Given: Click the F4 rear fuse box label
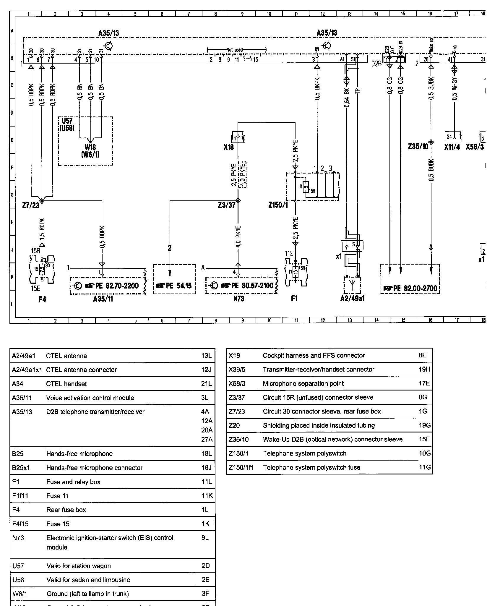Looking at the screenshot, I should pyautogui.click(x=42, y=300).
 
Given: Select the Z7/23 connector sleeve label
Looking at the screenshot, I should pyautogui.click(x=31, y=205).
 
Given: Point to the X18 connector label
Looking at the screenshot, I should pyautogui.click(x=229, y=147).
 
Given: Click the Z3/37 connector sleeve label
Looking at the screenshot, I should pyautogui.click(x=226, y=205).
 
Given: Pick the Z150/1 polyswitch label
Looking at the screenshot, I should pyautogui.click(x=278, y=205).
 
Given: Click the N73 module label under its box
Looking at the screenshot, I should pyautogui.click(x=239, y=299).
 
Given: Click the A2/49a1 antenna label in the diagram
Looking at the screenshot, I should pyautogui.click(x=352, y=299).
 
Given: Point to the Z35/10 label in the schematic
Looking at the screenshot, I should pyautogui.click(x=418, y=147).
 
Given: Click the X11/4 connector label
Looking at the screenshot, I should pyautogui.click(x=452, y=147).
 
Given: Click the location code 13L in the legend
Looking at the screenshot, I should pyautogui.click(x=206, y=356).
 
